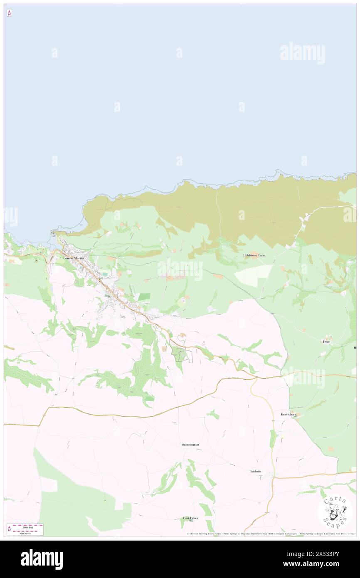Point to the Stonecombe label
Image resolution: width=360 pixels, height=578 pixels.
coord(190,445)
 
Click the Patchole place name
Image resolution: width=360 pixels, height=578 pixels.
coord(255,471)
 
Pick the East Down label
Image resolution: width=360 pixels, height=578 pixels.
coord(191,518)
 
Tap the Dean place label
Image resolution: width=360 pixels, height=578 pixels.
coord(326,341)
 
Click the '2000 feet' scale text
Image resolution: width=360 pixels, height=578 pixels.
coord(28,526)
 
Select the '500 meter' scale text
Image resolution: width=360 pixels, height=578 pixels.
coord(27,533)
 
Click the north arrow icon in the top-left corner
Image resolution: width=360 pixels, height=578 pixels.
coord(9,13)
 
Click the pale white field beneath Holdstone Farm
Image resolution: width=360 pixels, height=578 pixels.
coord(253,276)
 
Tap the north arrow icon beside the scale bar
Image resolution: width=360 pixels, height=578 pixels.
coord(9,529)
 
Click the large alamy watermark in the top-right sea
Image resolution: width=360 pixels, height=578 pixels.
coord(302,53)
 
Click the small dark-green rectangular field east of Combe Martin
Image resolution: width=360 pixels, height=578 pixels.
coord(144,296)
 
